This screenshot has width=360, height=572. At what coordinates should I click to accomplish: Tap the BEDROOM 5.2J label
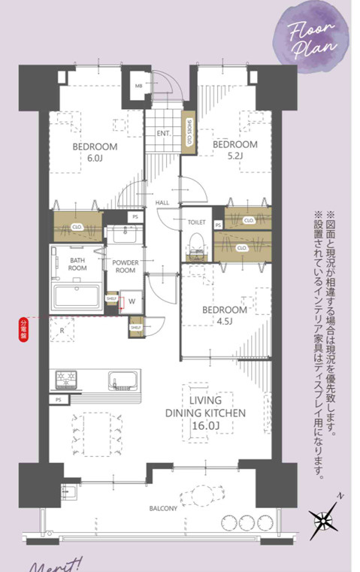234,150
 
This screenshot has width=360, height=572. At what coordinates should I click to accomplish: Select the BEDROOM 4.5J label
225,315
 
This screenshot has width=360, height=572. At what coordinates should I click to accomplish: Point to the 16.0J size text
206,426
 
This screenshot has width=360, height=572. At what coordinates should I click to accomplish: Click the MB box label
138,86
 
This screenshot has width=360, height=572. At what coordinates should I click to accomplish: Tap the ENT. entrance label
163,134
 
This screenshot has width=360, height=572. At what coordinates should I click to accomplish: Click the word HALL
162,203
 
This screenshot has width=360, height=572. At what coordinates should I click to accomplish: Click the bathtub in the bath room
77,295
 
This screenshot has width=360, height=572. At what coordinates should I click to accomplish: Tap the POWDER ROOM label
124,267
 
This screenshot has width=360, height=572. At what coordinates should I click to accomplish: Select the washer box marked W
132,301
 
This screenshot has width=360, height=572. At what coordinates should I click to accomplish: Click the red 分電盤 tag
23,327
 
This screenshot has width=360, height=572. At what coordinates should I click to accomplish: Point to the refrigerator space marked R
62,331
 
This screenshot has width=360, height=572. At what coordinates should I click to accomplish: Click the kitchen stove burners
66,379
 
